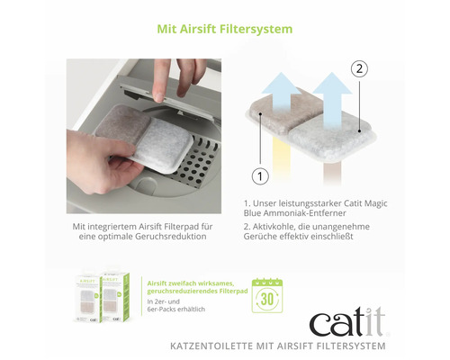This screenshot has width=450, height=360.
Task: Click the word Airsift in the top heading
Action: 216,29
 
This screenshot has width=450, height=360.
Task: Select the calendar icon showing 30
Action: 266,296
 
